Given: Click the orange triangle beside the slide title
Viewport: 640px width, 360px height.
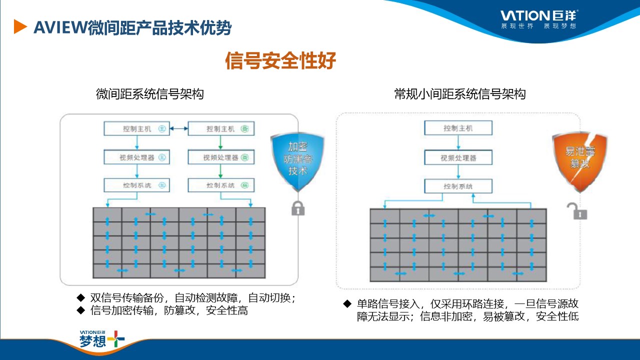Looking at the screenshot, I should pyautogui.click(x=19, y=26).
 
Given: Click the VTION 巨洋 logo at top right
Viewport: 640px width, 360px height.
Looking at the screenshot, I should pyautogui.click(x=539, y=19).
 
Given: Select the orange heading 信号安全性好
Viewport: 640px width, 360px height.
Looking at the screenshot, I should pyautogui.click(x=280, y=61).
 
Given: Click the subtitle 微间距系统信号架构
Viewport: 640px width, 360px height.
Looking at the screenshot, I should pyautogui.click(x=149, y=94).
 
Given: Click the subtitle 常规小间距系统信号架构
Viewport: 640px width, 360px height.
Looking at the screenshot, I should pyautogui.click(x=459, y=94).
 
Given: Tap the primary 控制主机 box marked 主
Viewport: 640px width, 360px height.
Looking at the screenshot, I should pyautogui.click(x=136, y=128).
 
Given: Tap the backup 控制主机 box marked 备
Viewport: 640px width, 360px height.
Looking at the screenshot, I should pyautogui.click(x=220, y=128).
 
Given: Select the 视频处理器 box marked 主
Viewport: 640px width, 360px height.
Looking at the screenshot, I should pyautogui.click(x=136, y=157).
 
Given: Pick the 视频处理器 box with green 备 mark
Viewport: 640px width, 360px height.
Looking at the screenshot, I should pyautogui.click(x=220, y=157).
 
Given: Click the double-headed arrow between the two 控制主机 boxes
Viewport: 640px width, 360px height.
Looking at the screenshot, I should pyautogui.click(x=178, y=128).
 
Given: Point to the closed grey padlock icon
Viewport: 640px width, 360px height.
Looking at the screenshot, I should pyautogui.click(x=298, y=207).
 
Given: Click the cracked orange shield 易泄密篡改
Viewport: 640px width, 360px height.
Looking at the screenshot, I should pyautogui.click(x=579, y=162).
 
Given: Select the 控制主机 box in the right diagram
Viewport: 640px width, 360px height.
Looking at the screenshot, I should pyautogui.click(x=458, y=128).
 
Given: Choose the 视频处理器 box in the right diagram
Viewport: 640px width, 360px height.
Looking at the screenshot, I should pyautogui.click(x=458, y=157).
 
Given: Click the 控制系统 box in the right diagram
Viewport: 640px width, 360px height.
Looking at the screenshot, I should pyautogui.click(x=458, y=186).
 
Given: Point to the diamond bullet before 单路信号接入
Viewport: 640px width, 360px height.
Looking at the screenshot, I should pyautogui.click(x=347, y=303).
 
